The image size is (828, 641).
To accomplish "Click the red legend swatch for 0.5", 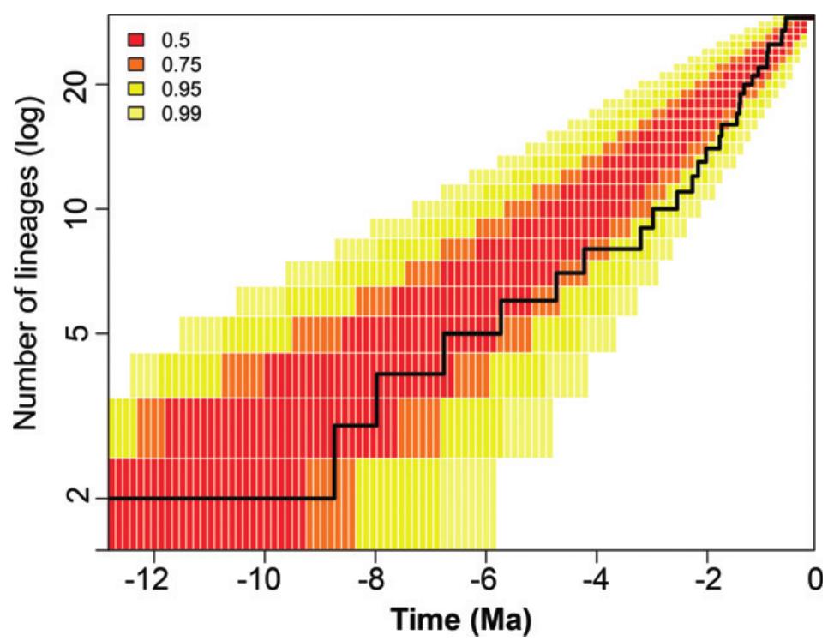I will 134,39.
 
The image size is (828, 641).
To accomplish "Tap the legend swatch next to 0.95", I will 134,88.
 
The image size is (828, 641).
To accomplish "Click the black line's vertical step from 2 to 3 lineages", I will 334,462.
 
